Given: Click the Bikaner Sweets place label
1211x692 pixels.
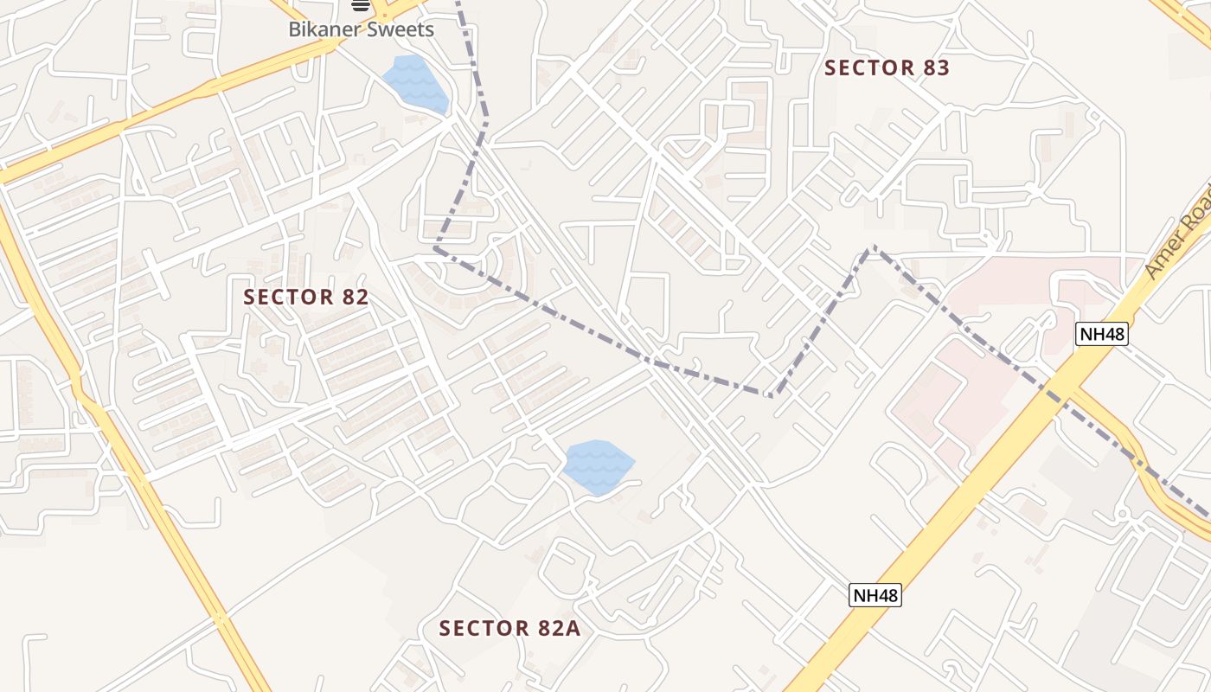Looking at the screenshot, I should [x=361, y=29].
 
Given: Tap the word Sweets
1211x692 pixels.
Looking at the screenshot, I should [x=400, y=29].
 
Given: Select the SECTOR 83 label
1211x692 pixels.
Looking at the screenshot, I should [x=887, y=68].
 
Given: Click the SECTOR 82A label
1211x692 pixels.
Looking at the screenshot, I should [x=509, y=628].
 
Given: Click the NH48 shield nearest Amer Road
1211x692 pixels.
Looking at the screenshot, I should [x=1103, y=334].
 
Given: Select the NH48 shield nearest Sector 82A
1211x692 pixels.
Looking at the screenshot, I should [x=875, y=595].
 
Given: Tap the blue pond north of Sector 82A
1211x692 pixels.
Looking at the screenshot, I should [x=598, y=466].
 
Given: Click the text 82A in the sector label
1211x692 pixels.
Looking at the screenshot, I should [x=561, y=628].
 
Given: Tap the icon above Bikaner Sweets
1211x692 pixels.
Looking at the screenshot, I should [x=361, y=6].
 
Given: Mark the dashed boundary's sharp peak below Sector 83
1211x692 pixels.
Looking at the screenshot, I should [x=872, y=248].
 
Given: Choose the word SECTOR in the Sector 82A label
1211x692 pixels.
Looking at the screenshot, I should [x=484, y=628].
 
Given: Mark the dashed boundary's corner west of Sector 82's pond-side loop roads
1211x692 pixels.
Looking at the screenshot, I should [x=436, y=248].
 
